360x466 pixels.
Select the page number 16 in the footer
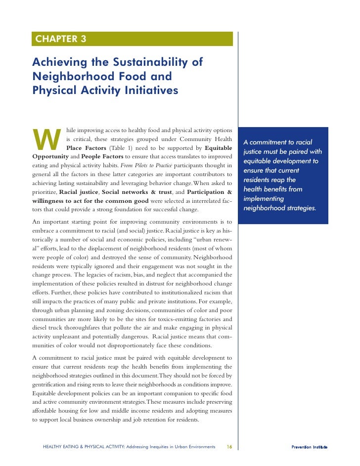click(x=229, y=447)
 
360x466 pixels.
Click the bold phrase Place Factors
click(x=86, y=148)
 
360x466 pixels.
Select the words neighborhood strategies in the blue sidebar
click(x=279, y=208)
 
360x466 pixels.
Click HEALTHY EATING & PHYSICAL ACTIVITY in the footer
click(x=84, y=447)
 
